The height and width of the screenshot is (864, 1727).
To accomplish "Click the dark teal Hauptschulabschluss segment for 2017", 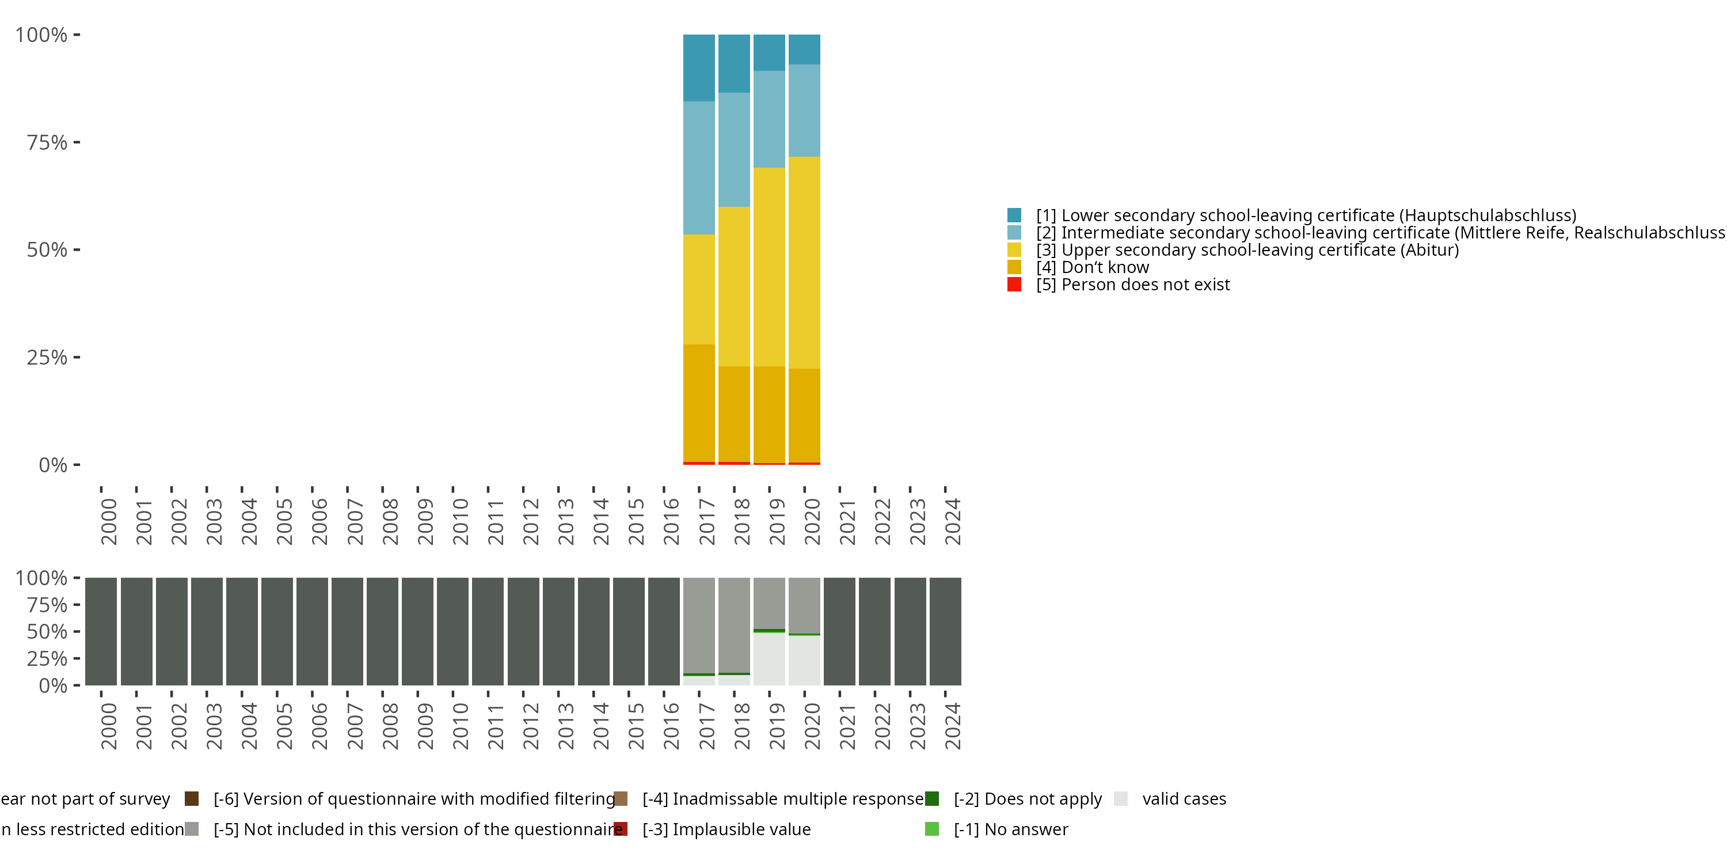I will click(x=699, y=68).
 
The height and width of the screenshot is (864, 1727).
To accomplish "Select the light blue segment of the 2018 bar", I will click(x=734, y=149).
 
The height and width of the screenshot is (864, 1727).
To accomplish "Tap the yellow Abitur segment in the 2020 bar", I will click(x=804, y=262).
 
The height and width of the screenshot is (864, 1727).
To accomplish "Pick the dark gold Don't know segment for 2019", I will click(x=769, y=414).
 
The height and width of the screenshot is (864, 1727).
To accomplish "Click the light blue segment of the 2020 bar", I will click(x=804, y=110).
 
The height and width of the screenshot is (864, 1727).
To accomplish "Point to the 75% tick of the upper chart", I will click(x=77, y=142).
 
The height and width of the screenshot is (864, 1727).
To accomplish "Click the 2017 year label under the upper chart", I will click(x=706, y=521).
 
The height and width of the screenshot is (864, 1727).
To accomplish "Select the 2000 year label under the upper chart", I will click(x=109, y=521).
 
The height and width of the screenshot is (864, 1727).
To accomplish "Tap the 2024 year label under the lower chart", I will click(x=952, y=726).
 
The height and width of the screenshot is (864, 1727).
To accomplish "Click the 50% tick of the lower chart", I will click(x=77, y=631).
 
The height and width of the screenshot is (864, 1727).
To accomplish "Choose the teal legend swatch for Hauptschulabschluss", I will click(x=1014, y=215).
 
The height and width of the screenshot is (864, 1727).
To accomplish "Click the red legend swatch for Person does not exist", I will click(x=1014, y=285).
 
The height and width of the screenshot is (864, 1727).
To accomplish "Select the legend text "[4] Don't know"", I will click(x=1092, y=267).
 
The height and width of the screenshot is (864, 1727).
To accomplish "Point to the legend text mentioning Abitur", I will click(x=1247, y=249).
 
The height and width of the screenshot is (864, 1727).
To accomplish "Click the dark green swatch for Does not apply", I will click(x=932, y=798).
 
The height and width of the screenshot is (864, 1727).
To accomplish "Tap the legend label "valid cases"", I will click(x=1184, y=798).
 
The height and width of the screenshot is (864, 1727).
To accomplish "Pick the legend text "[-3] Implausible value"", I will click(x=726, y=829).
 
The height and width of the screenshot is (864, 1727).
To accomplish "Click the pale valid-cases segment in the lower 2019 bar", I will click(x=769, y=659).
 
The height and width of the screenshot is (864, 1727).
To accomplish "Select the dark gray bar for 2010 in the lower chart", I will click(x=452, y=631).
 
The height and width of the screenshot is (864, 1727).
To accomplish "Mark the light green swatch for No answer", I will click(x=932, y=829).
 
